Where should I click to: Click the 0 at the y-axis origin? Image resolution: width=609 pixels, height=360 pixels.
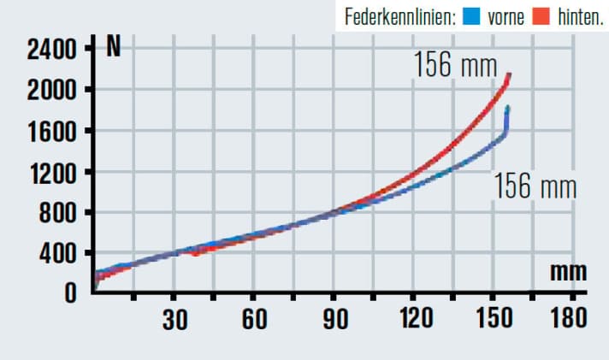click(x=71, y=293)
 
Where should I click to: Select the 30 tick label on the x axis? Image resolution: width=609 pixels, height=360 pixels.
click(x=174, y=321)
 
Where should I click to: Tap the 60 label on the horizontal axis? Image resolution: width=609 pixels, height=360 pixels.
click(x=254, y=321)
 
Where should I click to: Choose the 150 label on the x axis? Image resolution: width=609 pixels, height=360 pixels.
click(x=494, y=321)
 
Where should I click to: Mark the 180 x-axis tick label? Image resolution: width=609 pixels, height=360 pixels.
click(x=569, y=321)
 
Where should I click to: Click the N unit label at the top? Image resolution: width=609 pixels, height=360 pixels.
click(x=112, y=47)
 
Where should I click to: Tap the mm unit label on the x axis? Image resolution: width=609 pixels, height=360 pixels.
click(x=568, y=272)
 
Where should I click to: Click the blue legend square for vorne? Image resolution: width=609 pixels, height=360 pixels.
click(x=470, y=16)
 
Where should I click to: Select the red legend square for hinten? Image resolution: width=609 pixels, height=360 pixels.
click(x=540, y=16)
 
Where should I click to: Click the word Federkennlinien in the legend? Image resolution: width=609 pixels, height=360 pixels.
click(x=399, y=16)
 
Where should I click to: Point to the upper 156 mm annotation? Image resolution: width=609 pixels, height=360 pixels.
click(x=444, y=65)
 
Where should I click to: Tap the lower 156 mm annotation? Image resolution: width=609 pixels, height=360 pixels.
click(x=535, y=186)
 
